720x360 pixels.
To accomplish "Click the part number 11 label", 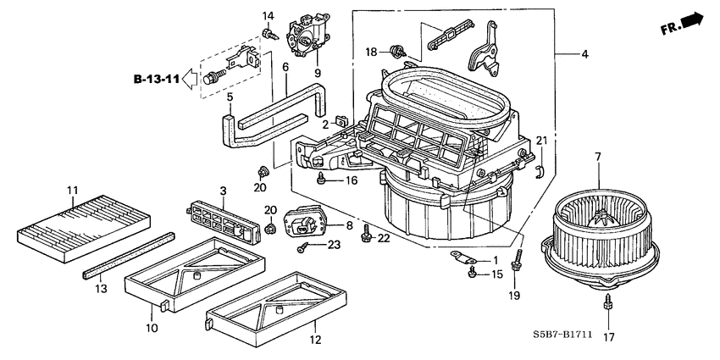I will (73, 189).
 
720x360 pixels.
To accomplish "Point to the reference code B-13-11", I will (157, 80).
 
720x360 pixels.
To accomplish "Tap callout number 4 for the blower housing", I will (584, 55).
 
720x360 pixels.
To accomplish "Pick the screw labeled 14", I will (269, 34).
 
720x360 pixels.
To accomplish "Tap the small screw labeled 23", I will (302, 247).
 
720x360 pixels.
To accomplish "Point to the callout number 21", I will (540, 141).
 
